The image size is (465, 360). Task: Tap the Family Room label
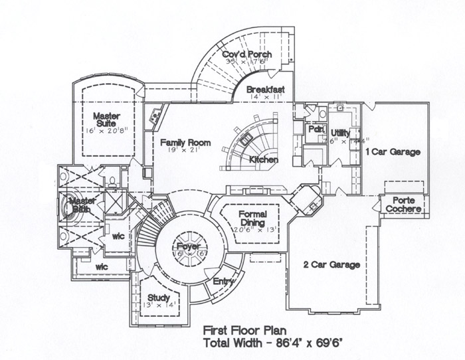click(x=185, y=143)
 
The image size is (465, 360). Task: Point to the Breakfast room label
click(x=265, y=89)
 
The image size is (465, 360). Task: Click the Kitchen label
click(x=263, y=160)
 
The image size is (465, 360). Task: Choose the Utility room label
click(x=340, y=134)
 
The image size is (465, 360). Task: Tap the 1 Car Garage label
click(x=393, y=152)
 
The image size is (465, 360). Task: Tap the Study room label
click(x=159, y=298)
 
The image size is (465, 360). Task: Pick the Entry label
click(x=224, y=282)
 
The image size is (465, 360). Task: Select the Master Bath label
click(x=82, y=205)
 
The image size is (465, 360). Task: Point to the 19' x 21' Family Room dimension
click(x=185, y=152)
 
